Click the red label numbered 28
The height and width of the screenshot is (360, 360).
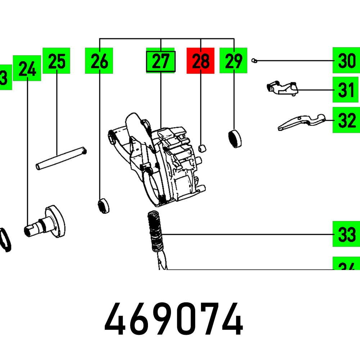(201, 60)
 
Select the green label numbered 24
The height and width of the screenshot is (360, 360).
(27, 68)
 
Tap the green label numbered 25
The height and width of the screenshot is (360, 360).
(57, 60)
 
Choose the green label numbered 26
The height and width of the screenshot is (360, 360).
(99, 60)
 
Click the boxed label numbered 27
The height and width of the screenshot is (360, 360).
(161, 61)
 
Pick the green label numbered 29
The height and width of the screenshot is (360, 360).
(234, 60)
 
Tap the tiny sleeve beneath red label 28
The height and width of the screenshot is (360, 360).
(203, 148)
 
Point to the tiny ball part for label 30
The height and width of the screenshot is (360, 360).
(254, 60)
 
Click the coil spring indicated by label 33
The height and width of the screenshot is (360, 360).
(155, 232)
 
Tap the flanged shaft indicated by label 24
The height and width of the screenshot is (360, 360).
(47, 222)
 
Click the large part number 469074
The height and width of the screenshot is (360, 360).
(173, 319)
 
